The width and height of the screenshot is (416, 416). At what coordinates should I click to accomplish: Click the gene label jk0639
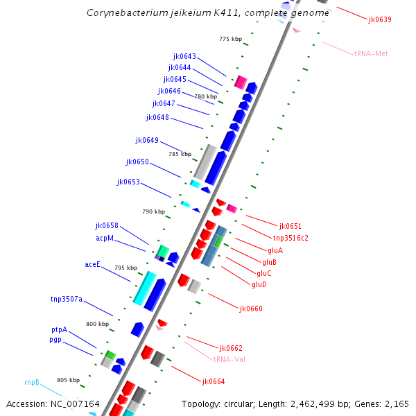tap(380, 19)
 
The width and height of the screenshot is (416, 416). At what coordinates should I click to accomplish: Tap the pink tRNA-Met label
tap(371, 53)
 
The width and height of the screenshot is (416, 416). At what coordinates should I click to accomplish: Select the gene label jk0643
tap(184, 56)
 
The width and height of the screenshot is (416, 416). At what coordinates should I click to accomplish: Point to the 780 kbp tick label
tap(206, 96)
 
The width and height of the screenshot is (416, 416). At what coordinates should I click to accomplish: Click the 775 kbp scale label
tap(229, 39)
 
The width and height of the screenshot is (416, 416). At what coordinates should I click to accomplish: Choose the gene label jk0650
tap(137, 162)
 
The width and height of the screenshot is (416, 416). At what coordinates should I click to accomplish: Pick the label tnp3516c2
tap(291, 237)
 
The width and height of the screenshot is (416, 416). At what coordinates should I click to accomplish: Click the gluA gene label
tap(275, 250)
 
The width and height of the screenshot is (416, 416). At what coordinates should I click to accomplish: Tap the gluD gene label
tap(259, 284)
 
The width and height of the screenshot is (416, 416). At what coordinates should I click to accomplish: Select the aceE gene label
tap(93, 264)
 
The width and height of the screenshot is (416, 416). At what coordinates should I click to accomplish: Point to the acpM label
tap(105, 238)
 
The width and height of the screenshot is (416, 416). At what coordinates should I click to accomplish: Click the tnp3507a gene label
tap(67, 299)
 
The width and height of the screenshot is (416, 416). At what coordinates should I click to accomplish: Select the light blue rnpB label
tap(32, 382)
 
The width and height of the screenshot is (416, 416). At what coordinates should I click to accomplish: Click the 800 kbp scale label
tap(97, 324)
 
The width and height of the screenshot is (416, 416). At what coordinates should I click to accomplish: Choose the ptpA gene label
tap(59, 329)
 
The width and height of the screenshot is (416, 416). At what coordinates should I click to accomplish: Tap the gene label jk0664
tap(214, 381)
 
